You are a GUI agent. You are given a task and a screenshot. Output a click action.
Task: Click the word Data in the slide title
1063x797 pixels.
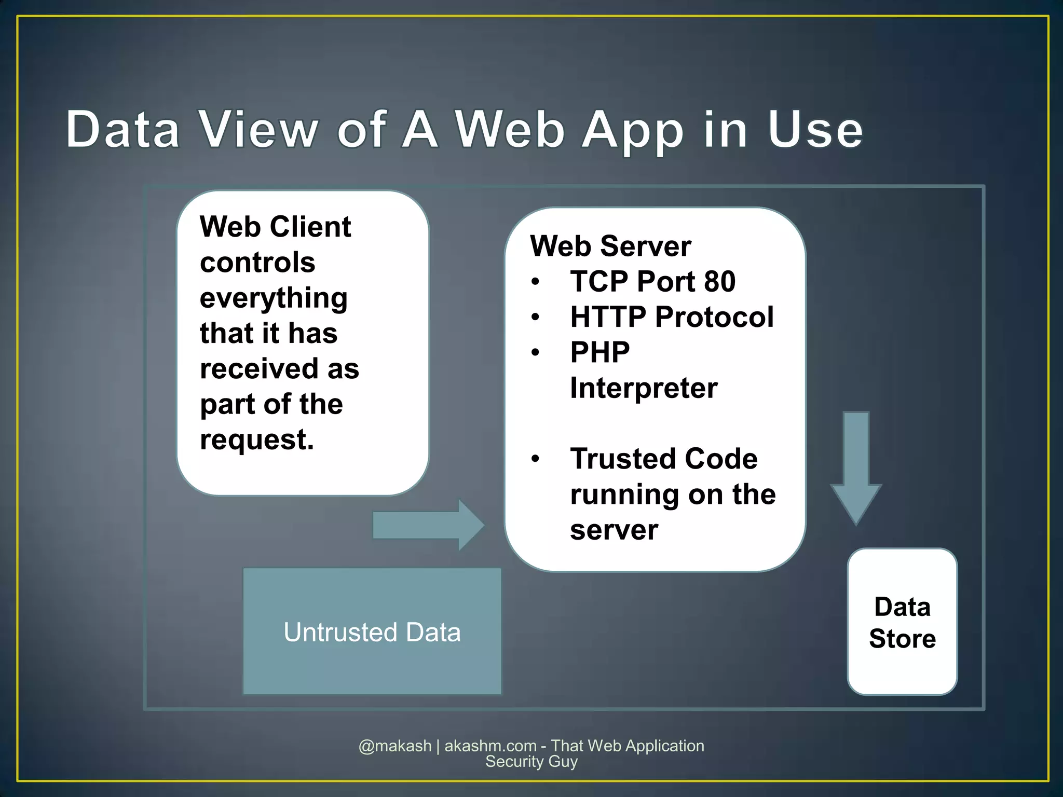pyautogui.click(x=123, y=129)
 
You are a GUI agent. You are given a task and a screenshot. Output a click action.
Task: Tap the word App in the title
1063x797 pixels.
pyautogui.click(x=633, y=131)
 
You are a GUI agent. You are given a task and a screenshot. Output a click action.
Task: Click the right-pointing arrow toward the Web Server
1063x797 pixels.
pyautogui.click(x=429, y=525)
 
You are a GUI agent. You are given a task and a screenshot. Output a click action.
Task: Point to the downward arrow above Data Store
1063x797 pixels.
pyautogui.click(x=856, y=467)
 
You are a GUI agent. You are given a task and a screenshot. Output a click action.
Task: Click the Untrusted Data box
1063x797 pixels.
pyautogui.click(x=372, y=631)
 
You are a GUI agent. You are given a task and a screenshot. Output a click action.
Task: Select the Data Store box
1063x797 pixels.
pyautogui.click(x=902, y=622)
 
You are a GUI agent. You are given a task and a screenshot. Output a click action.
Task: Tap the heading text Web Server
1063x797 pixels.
pyautogui.click(x=610, y=245)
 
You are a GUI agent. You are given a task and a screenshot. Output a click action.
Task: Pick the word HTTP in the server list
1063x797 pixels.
pyautogui.click(x=608, y=317)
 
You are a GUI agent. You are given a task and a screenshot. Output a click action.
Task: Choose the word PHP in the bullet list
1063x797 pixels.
pyautogui.click(x=599, y=352)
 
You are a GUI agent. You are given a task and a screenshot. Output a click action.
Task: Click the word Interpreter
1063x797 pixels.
pyautogui.click(x=644, y=388)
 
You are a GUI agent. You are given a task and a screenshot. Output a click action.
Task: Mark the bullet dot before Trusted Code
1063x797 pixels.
pyautogui.click(x=536, y=459)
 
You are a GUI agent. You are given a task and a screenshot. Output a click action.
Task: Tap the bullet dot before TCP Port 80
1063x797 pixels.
pyautogui.click(x=536, y=282)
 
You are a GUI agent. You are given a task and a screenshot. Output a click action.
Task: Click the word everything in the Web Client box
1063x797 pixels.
pyautogui.click(x=274, y=298)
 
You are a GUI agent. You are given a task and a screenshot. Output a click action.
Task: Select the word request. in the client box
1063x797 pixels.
pyautogui.click(x=257, y=439)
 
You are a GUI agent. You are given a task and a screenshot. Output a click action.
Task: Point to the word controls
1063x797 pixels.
pyautogui.click(x=257, y=262)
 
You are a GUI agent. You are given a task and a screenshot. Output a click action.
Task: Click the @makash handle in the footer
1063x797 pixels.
pyautogui.click(x=395, y=746)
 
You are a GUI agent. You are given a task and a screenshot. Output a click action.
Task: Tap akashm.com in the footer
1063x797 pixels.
pyautogui.click(x=490, y=746)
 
